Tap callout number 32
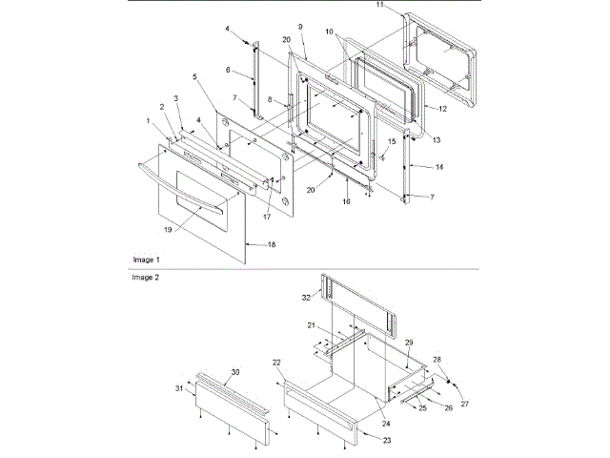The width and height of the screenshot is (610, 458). (305, 298)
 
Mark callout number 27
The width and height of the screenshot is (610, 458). (466, 405)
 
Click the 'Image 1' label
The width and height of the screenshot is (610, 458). (146, 260)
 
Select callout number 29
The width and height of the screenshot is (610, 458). (408, 342)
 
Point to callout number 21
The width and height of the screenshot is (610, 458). (311, 325)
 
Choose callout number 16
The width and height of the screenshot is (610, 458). (346, 203)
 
